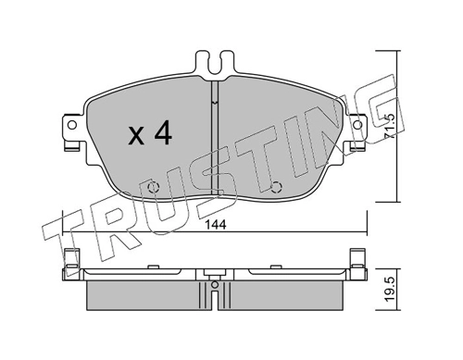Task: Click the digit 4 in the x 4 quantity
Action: pyautogui.click(x=163, y=132)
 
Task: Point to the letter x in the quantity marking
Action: pyautogui.click(x=136, y=136)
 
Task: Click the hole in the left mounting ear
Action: pyautogui.click(x=72, y=125)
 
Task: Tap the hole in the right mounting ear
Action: pyautogui.click(x=357, y=125)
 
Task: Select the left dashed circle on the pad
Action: pyautogui.click(x=153, y=187)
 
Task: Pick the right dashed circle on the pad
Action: pyautogui.click(x=276, y=187)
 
